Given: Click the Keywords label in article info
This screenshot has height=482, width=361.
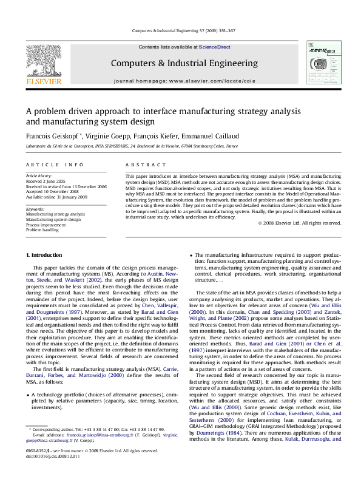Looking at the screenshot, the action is tap(36, 209).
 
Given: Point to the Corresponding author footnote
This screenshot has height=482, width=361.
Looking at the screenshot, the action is tap(97, 446).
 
